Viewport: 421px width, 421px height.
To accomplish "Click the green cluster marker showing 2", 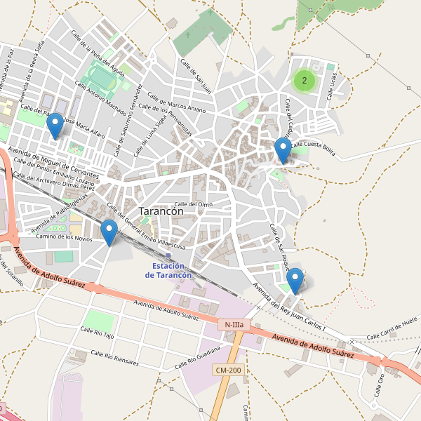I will (x=304, y=81).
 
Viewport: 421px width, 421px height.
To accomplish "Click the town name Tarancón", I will (x=161, y=210).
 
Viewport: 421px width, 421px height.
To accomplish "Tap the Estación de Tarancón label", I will (x=168, y=270).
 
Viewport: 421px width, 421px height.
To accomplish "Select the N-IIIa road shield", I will (x=234, y=325).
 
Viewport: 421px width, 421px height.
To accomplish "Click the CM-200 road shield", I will (x=229, y=370).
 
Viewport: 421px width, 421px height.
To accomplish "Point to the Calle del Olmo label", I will (x=193, y=204).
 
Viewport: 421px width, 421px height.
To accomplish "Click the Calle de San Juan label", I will (x=196, y=76).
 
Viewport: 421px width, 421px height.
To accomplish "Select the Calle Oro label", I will (x=380, y=385).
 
